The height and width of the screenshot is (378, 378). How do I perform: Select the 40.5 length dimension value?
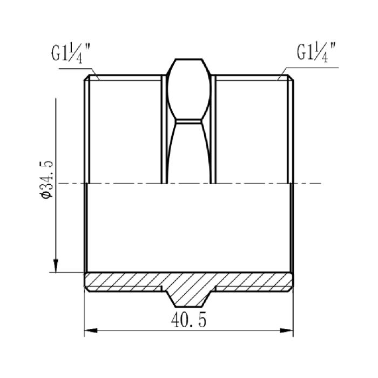click(x=188, y=320)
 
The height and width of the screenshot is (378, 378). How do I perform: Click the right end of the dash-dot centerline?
click(x=321, y=184)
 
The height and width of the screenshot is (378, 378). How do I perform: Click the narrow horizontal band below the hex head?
click(x=188, y=121)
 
